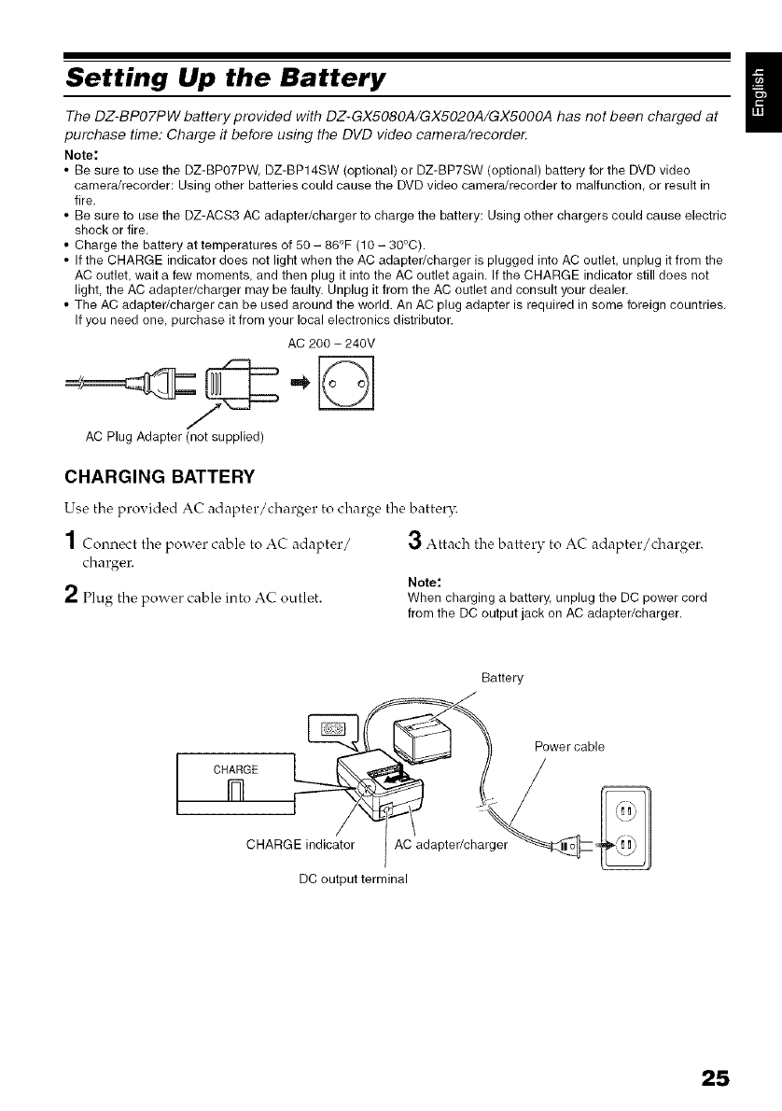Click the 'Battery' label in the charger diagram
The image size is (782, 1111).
(501, 676)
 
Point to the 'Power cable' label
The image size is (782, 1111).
(569, 746)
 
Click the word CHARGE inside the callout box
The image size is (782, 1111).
(234, 769)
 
